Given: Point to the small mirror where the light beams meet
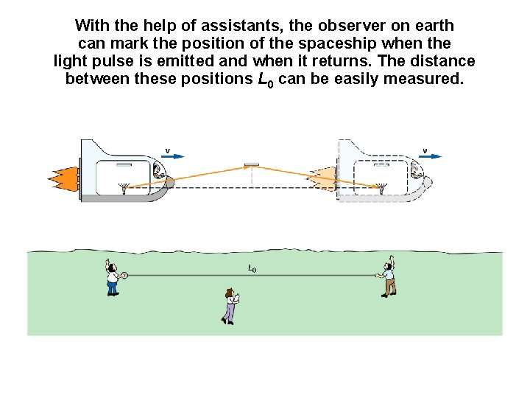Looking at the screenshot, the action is coord(252,164).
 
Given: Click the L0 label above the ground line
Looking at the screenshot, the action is coord(252,268).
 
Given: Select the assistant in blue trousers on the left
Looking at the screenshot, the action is coord(112,278).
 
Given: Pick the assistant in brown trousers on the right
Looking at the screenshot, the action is coord(387,278).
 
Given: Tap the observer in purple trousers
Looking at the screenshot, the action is coord(230,306).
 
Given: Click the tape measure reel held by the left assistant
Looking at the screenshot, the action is coord(124,276).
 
